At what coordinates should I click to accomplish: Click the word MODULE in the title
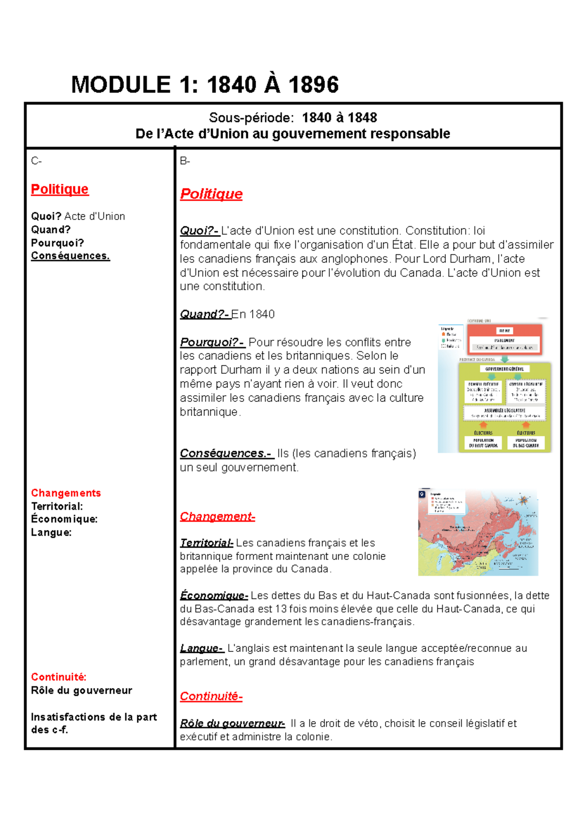click(x=121, y=85)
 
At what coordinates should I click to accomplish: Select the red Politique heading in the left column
click(x=60, y=189)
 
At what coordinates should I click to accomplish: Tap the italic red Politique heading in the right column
click(x=211, y=194)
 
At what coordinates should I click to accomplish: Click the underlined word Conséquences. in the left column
click(x=70, y=256)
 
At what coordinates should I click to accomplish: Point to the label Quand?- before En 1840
click(x=204, y=315)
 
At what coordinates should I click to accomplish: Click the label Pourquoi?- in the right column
click(x=212, y=342)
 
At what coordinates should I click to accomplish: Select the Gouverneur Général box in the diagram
click(x=504, y=369)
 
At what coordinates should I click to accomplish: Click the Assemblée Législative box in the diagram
click(x=504, y=412)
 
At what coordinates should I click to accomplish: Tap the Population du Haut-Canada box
click(x=483, y=442)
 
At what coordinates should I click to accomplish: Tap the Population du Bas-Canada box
click(x=526, y=442)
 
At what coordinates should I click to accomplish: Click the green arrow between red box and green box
click(x=504, y=359)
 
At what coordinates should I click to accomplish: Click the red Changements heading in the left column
click(x=65, y=493)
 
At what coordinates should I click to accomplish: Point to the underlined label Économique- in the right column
click(x=214, y=596)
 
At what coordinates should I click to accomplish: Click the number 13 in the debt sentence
click(x=281, y=609)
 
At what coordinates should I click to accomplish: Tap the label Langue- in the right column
click(x=202, y=648)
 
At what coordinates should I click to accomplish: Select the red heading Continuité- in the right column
click(x=211, y=696)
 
